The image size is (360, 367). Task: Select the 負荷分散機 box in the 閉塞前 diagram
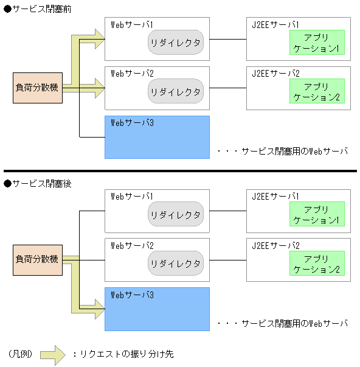tap(37, 88)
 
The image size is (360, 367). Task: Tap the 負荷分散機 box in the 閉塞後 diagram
tap(37, 260)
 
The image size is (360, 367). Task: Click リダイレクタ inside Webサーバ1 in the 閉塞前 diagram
tap(176, 43)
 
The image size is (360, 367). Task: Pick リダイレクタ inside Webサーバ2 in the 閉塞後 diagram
tap(176, 264)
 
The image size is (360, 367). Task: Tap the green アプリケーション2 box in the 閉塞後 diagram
tap(316, 264)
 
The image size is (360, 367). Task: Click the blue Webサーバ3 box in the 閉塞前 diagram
tap(157, 137)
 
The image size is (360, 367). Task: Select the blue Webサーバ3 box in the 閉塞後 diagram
tap(157, 309)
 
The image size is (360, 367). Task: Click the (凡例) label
tap(21, 354)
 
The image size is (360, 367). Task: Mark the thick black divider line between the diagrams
tap(180, 171)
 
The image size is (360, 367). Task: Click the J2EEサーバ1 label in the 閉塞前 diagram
tap(275, 24)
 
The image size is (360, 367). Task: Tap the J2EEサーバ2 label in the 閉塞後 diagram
tap(275, 245)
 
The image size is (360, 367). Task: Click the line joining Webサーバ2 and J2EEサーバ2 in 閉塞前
tap(228, 89)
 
